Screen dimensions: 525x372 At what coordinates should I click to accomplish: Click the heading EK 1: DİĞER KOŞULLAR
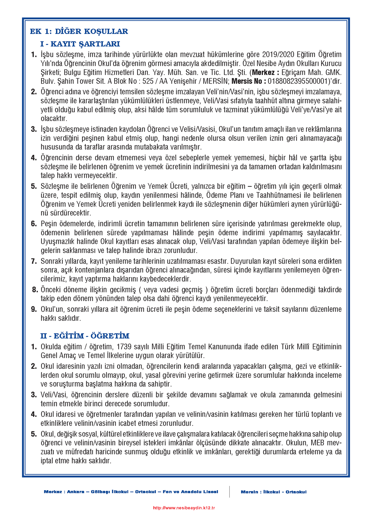click(79, 31)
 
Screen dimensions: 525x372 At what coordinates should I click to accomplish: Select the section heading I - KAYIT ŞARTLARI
click(80, 44)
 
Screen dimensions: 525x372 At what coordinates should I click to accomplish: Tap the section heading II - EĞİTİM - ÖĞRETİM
click(85, 336)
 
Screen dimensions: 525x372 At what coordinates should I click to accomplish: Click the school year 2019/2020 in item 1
click(278, 55)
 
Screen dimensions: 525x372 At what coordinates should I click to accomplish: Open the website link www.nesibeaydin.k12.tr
click(184, 508)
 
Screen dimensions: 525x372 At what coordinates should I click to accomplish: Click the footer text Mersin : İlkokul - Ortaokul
click(273, 492)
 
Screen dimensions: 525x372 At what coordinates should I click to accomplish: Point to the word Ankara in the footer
click(76, 491)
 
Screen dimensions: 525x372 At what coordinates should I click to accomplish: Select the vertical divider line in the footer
click(229, 491)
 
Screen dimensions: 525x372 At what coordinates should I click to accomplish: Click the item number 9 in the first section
click(34, 309)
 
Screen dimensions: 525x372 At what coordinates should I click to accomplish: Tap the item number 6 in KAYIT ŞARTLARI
click(34, 224)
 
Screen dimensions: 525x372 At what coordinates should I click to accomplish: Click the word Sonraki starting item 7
click(52, 261)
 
